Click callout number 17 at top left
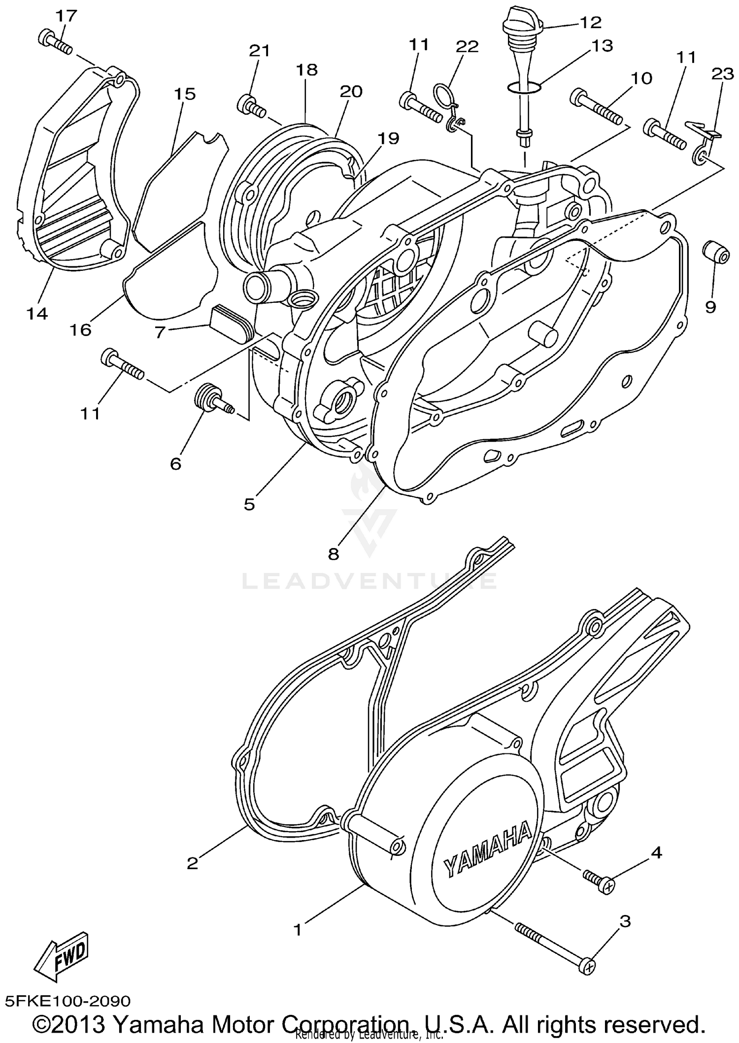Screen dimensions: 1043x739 66,16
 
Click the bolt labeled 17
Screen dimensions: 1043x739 55,43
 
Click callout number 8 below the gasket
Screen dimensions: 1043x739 334,554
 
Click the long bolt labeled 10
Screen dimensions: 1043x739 596,107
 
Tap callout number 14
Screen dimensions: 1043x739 37,313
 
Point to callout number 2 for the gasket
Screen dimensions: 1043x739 193,877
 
